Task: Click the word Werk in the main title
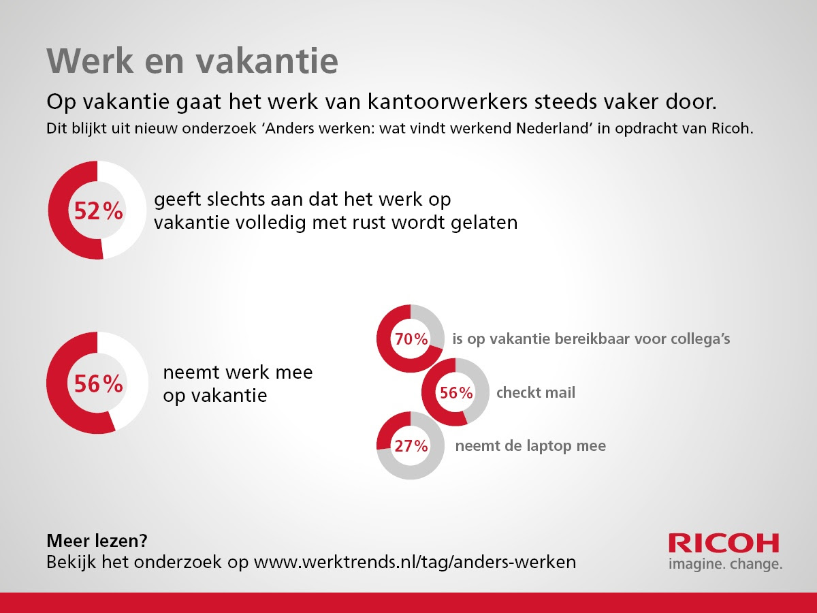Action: click(x=90, y=61)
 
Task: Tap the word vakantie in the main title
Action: click(x=268, y=61)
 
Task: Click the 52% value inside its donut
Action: click(x=98, y=210)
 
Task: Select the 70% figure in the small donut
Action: click(x=411, y=339)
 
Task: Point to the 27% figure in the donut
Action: click(x=411, y=445)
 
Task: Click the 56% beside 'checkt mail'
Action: click(x=456, y=392)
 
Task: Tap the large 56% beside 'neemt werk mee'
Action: click(x=98, y=383)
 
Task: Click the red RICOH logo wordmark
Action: click(x=724, y=543)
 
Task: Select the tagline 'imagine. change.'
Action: click(x=726, y=563)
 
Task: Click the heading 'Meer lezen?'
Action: click(x=97, y=541)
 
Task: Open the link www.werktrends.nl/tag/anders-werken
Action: click(x=415, y=562)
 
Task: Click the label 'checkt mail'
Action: click(x=536, y=392)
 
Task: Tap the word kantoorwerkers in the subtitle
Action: click(x=447, y=101)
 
